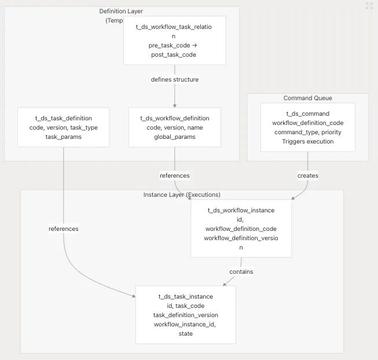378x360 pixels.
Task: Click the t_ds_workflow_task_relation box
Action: pyautogui.click(x=175, y=41)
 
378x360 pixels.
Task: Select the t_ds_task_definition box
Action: pyautogui.click(x=64, y=127)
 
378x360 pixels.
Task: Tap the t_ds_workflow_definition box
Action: pyautogui.click(x=175, y=127)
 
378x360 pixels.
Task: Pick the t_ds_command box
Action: pyautogui.click(x=308, y=127)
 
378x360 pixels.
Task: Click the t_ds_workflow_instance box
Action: pyautogui.click(x=241, y=229)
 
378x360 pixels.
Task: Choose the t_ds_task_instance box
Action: pyautogui.click(x=186, y=315)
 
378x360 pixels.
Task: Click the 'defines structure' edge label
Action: pyautogui.click(x=175, y=79)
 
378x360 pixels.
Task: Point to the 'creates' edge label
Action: pyautogui.click(x=308, y=175)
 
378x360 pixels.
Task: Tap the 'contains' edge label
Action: pyautogui.click(x=241, y=271)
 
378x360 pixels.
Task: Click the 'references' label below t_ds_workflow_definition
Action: pyautogui.click(x=175, y=175)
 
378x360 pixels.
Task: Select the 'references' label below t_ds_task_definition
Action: pyautogui.click(x=64, y=229)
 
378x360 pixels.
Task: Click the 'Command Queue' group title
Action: pyautogui.click(x=308, y=98)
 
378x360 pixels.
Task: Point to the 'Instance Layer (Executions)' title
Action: pyautogui.click(x=182, y=194)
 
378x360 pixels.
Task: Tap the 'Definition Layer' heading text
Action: pyautogui.click(x=121, y=11)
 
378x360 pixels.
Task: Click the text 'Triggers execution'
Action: pyautogui.click(x=308, y=141)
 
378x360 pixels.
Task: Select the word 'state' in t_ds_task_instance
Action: pyautogui.click(x=186, y=333)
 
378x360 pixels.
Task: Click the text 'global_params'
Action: pyautogui.click(x=175, y=137)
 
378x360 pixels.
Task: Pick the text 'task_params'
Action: pyautogui.click(x=64, y=137)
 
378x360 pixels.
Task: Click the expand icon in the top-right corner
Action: pyautogui.click(x=369, y=6)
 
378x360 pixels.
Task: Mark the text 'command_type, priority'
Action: pyautogui.click(x=308, y=133)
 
